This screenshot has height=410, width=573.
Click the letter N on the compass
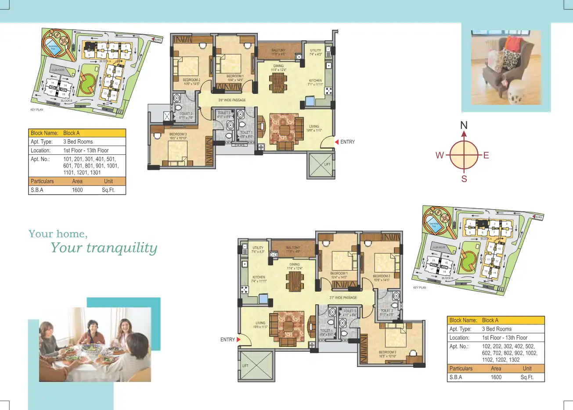[464, 125]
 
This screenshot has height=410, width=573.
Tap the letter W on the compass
[439, 155]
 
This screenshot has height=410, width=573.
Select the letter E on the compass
[486, 155]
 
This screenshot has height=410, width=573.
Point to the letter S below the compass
[464, 179]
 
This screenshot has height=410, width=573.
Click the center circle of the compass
[464, 155]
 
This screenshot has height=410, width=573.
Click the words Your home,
[58, 234]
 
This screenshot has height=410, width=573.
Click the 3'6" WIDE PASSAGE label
[232, 100]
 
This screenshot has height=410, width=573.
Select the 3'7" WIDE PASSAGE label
[343, 298]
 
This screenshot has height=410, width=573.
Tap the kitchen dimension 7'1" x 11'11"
[315, 84]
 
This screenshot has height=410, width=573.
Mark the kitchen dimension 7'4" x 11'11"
[259, 281]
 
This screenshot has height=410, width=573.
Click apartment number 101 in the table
[67, 159]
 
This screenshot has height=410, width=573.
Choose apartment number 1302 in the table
[514, 360]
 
